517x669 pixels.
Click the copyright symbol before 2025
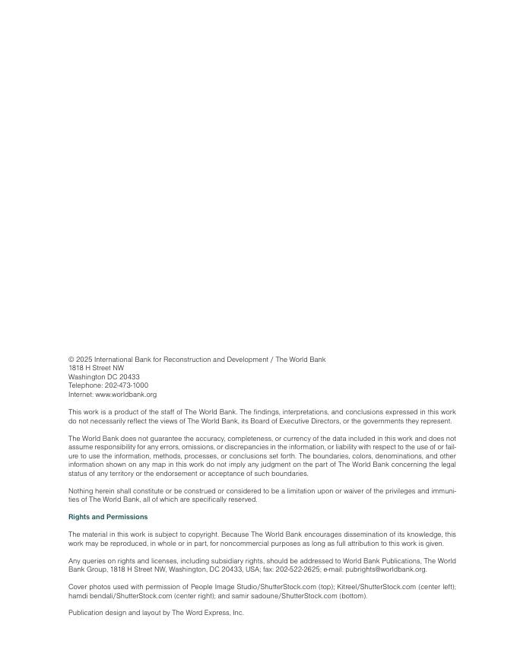71,360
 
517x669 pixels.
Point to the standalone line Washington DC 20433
103,377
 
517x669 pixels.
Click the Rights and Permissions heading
108,517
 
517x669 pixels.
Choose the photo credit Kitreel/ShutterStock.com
369,587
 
